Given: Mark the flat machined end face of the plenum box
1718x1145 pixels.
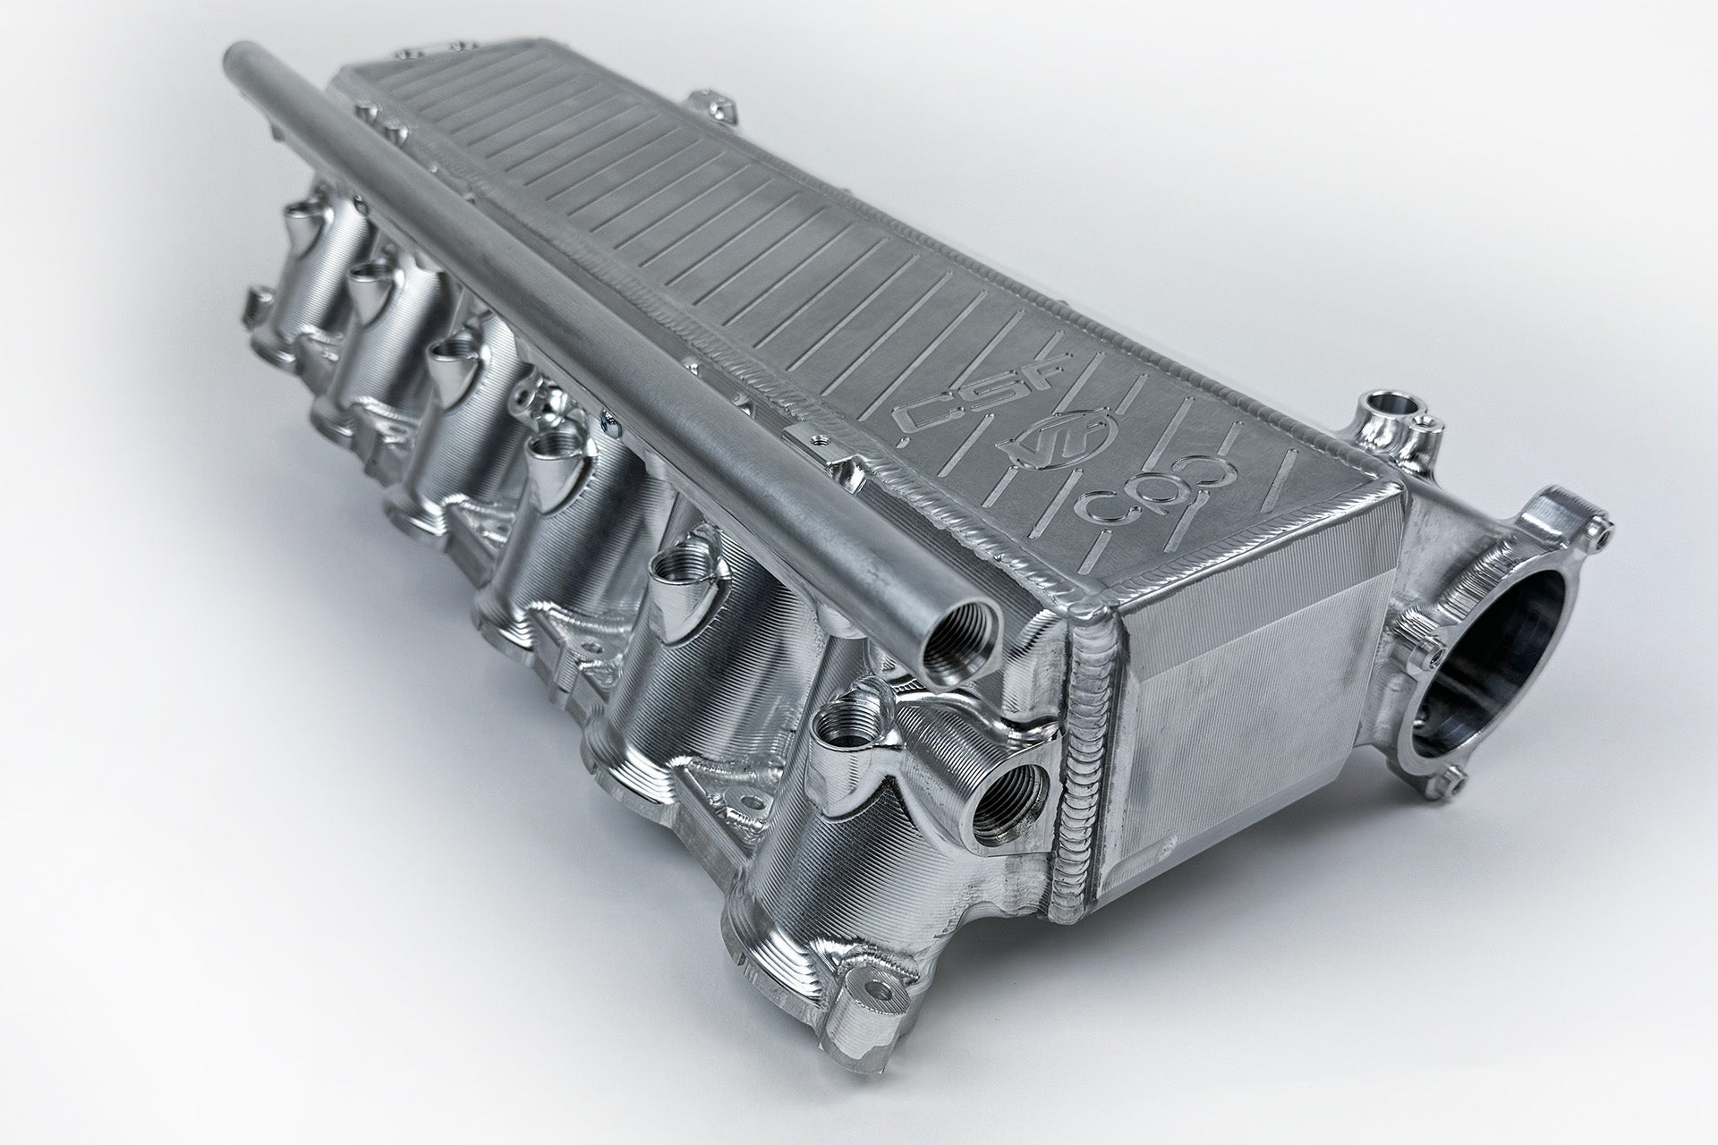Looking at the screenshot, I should (x=1244, y=662).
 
